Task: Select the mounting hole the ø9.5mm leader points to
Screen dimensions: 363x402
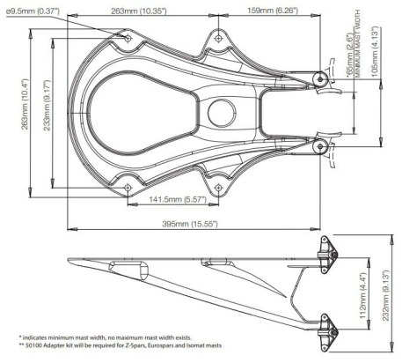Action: click(x=127, y=38)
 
